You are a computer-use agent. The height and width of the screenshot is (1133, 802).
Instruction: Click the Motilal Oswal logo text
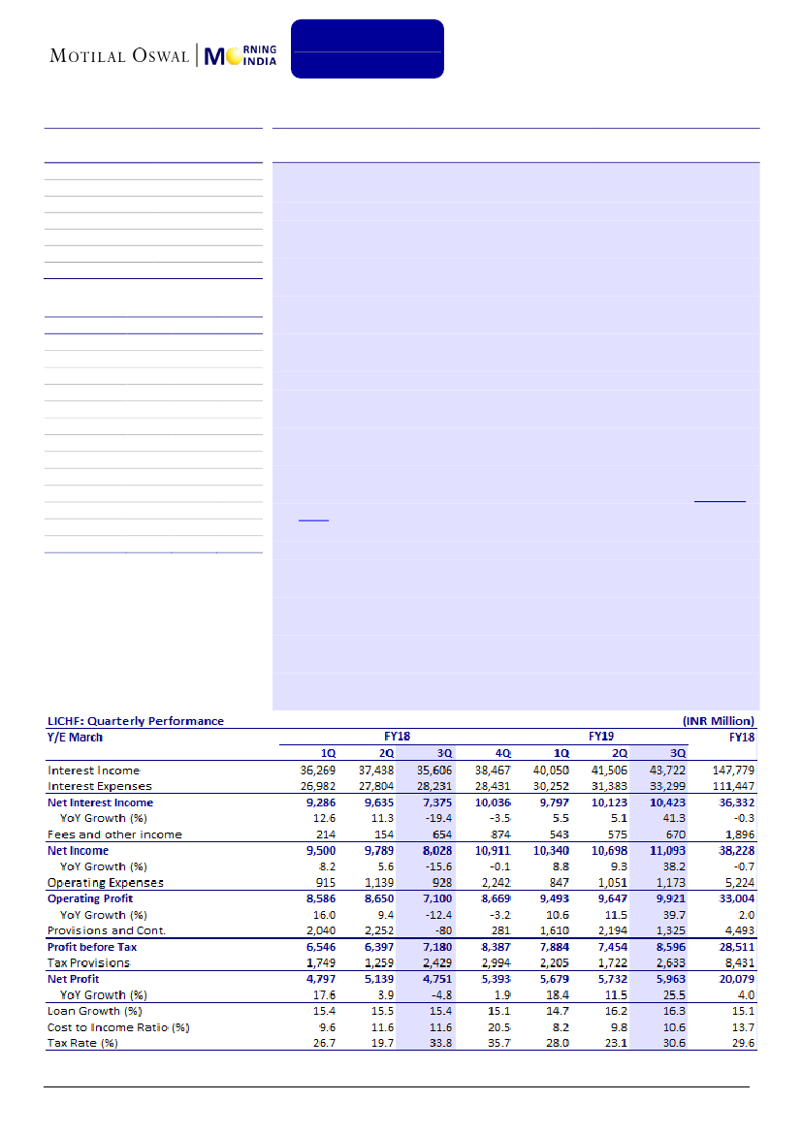pos(119,55)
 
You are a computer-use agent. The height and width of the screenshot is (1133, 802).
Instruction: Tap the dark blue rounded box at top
pos(368,47)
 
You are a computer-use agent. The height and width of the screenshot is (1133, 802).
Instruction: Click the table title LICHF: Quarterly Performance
pos(136,721)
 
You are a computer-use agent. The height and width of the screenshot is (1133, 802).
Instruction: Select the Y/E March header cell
pos(75,737)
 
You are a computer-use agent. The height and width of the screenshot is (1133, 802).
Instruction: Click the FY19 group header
pos(601,737)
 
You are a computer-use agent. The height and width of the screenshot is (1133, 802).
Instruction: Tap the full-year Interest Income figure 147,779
pos(733,771)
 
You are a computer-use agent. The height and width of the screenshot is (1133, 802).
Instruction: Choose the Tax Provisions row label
pos(88,962)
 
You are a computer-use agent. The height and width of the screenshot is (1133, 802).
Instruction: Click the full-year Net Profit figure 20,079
pos(735,979)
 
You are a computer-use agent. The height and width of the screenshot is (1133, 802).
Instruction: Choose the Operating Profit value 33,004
pos(735,898)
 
